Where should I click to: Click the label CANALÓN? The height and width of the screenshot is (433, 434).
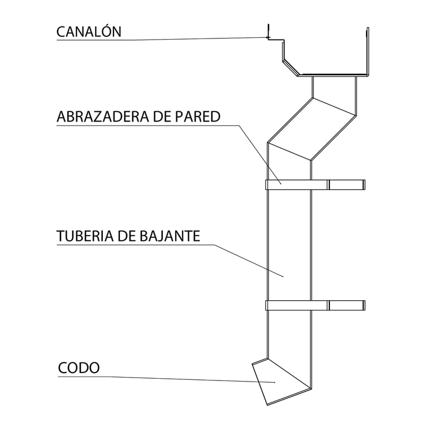[x=89, y=32]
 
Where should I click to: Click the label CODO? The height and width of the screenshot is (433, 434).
[x=79, y=368]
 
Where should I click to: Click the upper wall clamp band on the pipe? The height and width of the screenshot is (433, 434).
[x=297, y=184]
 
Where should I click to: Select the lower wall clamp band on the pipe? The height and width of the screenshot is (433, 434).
[x=297, y=305]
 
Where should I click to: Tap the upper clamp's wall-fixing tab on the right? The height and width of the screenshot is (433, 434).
[x=347, y=184]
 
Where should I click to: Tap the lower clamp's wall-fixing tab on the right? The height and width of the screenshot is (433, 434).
[x=347, y=305]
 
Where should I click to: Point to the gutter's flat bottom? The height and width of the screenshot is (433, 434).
[x=333, y=75]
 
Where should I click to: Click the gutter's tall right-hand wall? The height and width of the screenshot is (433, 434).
[x=367, y=51]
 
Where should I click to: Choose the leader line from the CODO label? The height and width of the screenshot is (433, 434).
[x=170, y=378]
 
